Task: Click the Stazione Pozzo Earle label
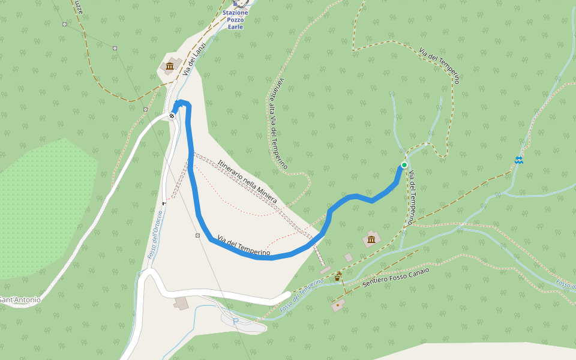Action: (235, 19)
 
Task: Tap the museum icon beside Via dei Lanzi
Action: (170, 65)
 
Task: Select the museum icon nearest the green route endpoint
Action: (371, 240)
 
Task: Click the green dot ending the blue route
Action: (404, 165)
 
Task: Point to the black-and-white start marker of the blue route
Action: (172, 115)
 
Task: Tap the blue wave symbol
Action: (518, 160)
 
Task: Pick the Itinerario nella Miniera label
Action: (247, 181)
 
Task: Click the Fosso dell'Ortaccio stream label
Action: (155, 235)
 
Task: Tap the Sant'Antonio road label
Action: (20, 299)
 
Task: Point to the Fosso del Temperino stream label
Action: (302, 295)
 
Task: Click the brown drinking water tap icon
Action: (338, 277)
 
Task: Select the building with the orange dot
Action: (338, 305)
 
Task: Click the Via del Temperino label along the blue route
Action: (244, 246)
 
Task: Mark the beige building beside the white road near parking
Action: (181, 303)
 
